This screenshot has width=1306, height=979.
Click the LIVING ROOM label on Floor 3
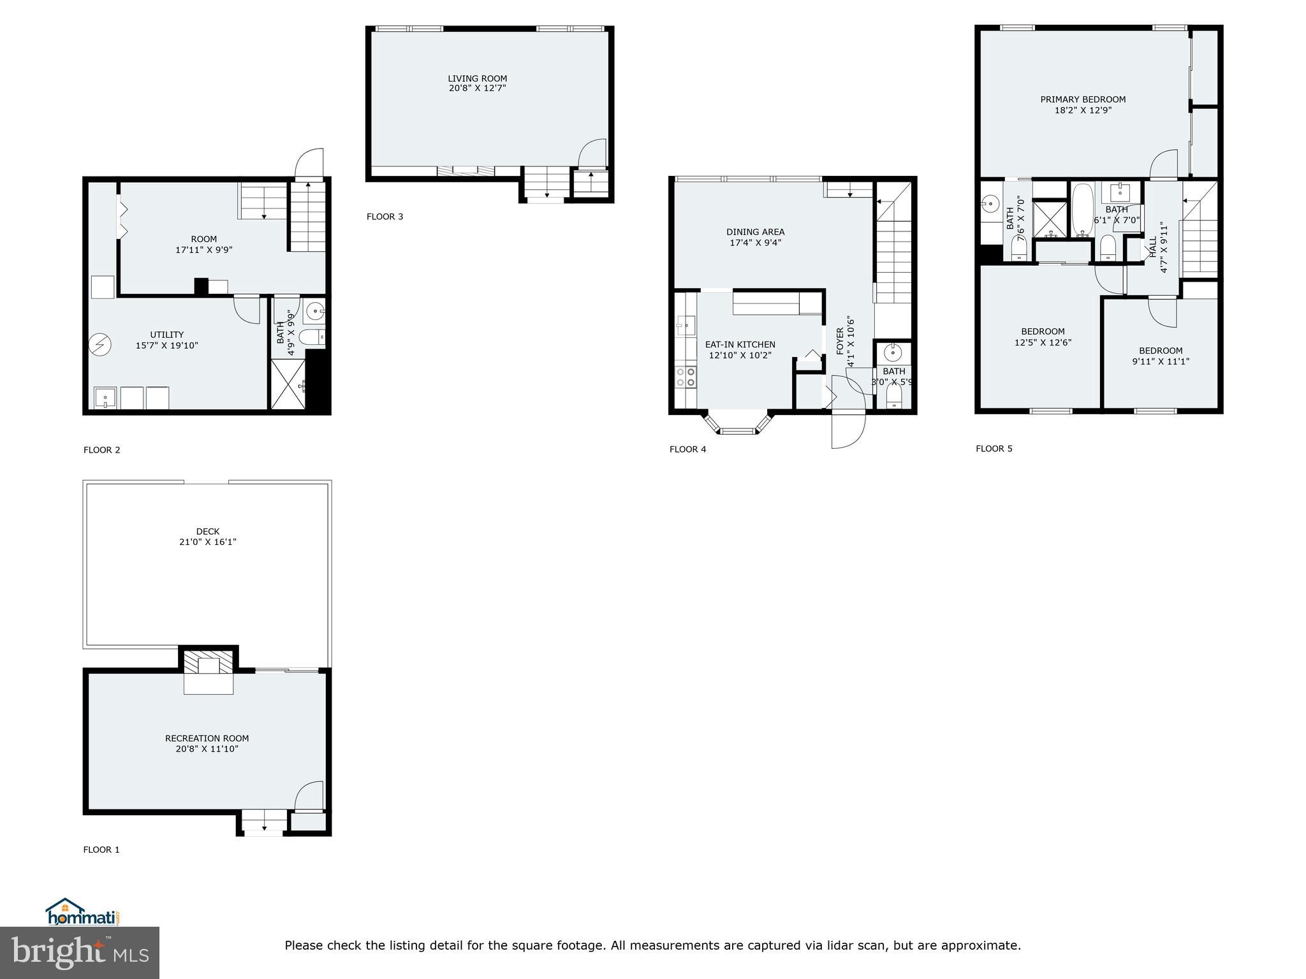tap(477, 79)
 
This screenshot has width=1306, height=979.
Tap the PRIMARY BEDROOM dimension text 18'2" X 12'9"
tap(1083, 110)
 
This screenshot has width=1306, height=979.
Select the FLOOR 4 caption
tap(687, 449)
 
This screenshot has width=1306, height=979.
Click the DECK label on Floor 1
tap(207, 532)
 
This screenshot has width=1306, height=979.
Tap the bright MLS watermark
tap(80, 953)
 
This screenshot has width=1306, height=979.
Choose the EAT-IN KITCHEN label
tap(740, 345)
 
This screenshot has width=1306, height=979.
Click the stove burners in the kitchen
tap(686, 377)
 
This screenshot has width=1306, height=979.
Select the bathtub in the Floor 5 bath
tap(1082, 211)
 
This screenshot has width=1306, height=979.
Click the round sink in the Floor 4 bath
tap(893, 352)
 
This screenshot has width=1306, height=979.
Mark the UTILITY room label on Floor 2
tap(167, 335)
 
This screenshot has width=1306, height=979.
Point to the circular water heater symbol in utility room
tap(100, 345)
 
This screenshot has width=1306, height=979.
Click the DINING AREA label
tap(755, 232)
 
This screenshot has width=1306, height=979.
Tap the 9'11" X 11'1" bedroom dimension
tap(1161, 361)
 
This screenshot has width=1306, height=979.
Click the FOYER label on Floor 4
tap(840, 341)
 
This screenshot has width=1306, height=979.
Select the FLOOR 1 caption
tap(101, 850)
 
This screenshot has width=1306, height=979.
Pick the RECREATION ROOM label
tap(207, 738)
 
